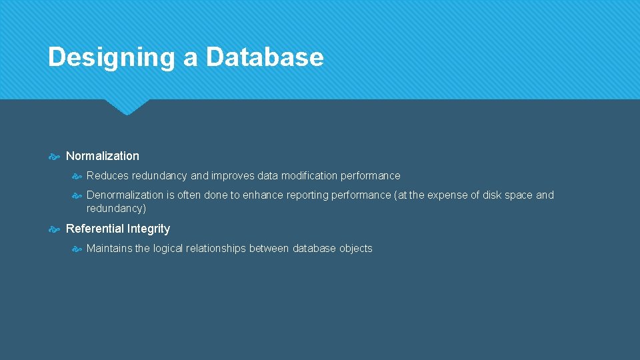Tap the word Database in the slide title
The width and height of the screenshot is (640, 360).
coord(265,57)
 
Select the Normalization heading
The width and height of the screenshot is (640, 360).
coord(103,156)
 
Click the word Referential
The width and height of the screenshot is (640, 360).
coord(95,229)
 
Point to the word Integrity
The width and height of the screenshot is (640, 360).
coord(149,229)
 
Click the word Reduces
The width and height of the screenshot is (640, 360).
coord(107,176)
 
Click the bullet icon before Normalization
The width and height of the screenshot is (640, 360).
coord(55,157)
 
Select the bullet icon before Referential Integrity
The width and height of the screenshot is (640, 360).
coord(55,229)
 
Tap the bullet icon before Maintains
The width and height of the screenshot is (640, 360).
coord(77,249)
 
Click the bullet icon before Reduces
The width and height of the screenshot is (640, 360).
coord(77,177)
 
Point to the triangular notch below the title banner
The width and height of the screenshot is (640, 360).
coord(126,107)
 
